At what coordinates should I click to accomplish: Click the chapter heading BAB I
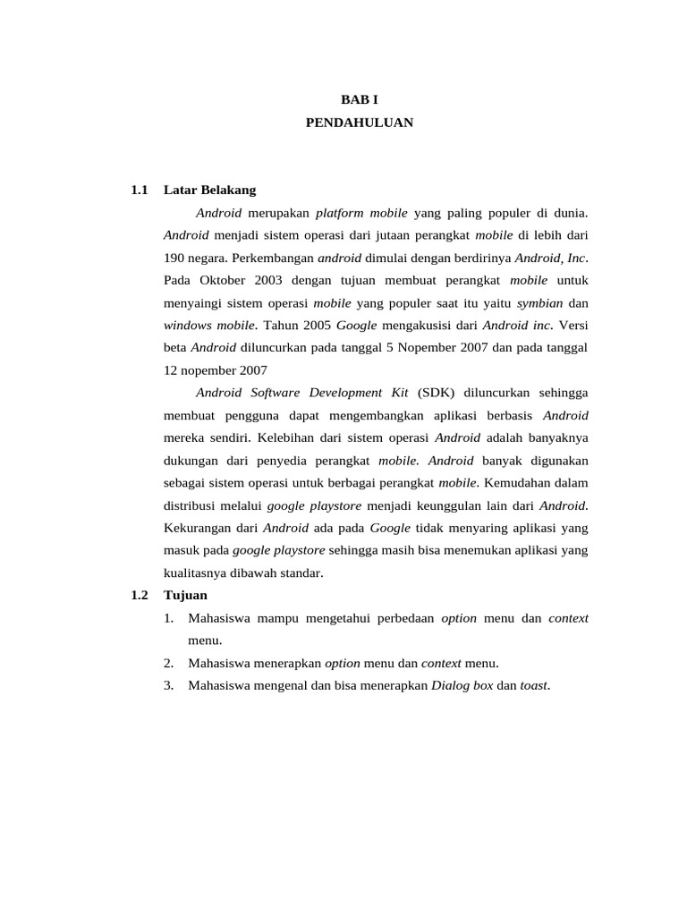[x=360, y=100]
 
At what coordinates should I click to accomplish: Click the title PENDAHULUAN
[x=360, y=123]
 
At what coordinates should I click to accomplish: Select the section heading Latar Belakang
[x=210, y=190]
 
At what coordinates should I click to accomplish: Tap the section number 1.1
[x=138, y=190]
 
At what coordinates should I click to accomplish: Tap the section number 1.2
[x=138, y=595]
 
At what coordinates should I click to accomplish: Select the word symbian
[x=540, y=302]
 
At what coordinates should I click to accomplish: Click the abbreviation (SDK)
[x=436, y=392]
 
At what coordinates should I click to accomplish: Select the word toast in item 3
[x=534, y=685]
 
